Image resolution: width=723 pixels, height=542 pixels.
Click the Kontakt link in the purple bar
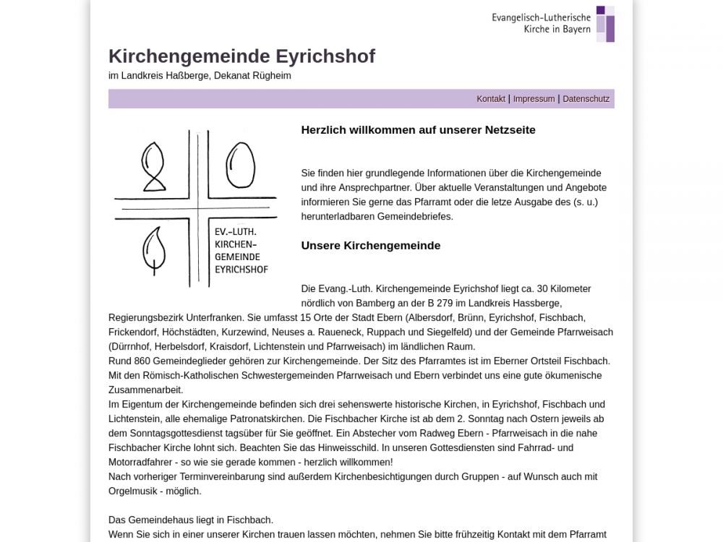[x=490, y=99]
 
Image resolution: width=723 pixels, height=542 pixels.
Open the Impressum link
[x=534, y=99]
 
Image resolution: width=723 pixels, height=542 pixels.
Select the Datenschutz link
[x=586, y=99]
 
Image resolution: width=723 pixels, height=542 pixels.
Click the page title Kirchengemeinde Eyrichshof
[x=241, y=56]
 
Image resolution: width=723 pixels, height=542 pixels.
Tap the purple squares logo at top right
[x=605, y=24]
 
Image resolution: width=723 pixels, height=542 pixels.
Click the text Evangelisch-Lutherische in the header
[x=541, y=17]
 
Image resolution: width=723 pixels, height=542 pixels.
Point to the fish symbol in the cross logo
[x=153, y=167]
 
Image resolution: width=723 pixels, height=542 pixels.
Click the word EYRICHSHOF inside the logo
[x=241, y=270]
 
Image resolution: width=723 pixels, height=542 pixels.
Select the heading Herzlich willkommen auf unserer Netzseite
[x=418, y=130]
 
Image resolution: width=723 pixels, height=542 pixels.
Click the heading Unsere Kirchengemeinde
[x=370, y=246]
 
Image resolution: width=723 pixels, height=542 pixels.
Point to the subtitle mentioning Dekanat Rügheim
[x=200, y=75]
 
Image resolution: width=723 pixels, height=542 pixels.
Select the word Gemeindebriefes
[x=418, y=216]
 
